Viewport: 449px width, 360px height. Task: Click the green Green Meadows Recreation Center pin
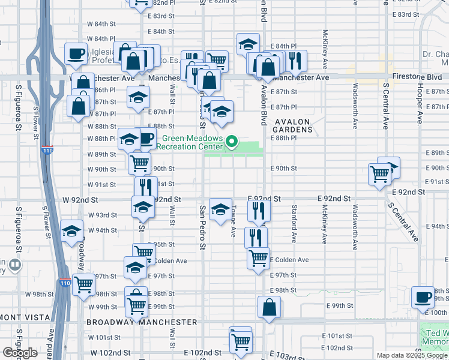232,142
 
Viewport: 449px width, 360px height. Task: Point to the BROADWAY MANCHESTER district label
142,322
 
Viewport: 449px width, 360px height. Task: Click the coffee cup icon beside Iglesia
76,54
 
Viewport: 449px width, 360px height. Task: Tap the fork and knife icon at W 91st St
146,187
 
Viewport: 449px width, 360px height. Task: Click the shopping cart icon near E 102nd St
241,341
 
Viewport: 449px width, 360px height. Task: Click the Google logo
20,353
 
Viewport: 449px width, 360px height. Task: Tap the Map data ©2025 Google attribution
412,355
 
